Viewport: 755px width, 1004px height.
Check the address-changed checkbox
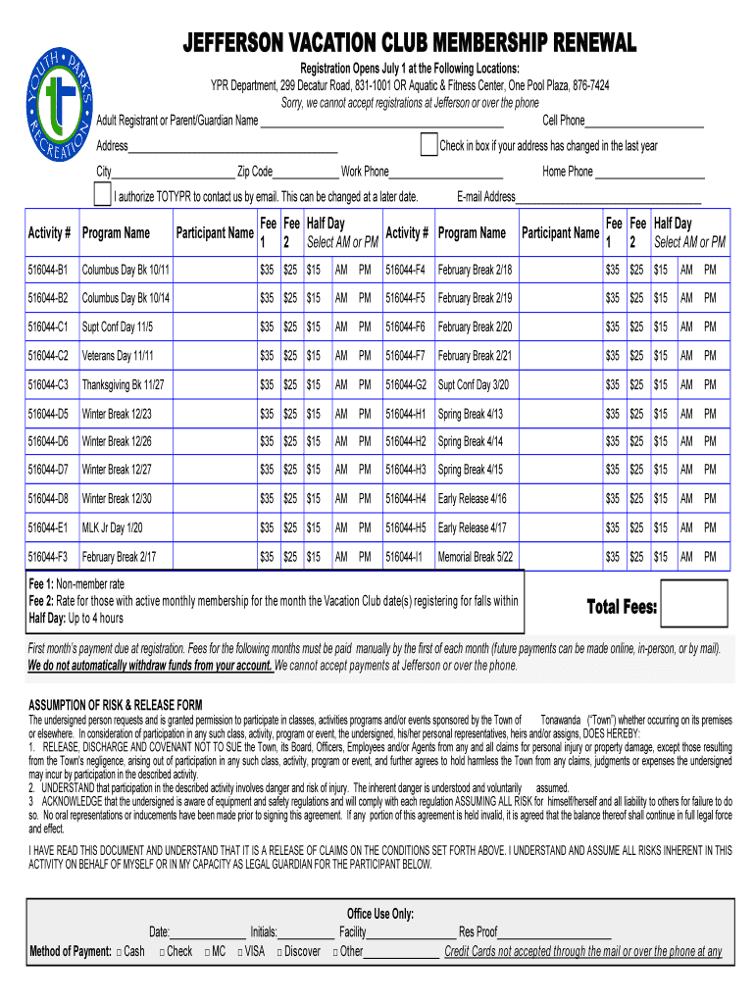pyautogui.click(x=428, y=145)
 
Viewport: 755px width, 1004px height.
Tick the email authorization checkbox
pyautogui.click(x=102, y=195)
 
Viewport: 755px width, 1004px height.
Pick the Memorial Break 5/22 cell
pyautogui.click(x=476, y=557)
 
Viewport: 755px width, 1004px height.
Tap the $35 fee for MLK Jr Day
pyautogui.click(x=266, y=527)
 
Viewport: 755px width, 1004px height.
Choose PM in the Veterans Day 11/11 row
pyautogui.click(x=365, y=356)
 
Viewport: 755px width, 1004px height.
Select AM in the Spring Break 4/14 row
pyautogui.click(x=687, y=442)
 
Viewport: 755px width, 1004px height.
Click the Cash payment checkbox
pyautogui.click(x=119, y=952)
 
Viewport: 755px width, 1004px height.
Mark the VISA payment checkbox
pyautogui.click(x=240, y=952)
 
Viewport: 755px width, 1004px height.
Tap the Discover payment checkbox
pyautogui.click(x=279, y=952)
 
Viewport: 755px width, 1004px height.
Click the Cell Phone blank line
pyautogui.click(x=644, y=122)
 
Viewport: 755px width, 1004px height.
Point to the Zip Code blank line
pyautogui.click(x=306, y=173)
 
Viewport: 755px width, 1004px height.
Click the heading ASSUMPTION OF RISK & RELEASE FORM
pyautogui.click(x=115, y=705)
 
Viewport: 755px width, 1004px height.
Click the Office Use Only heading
pyautogui.click(x=380, y=914)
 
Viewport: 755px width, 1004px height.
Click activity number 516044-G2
pyautogui.click(x=405, y=384)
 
